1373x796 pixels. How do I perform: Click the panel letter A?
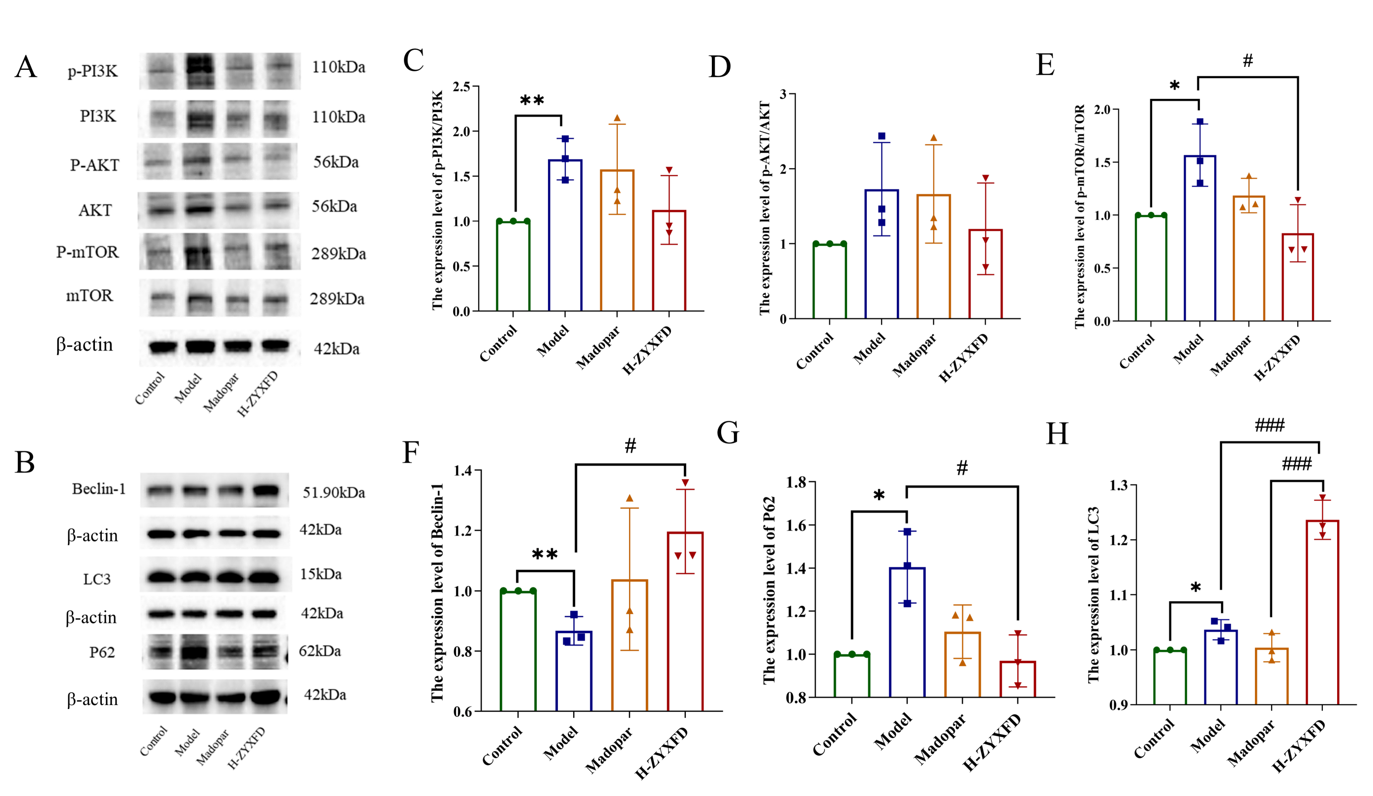[x=26, y=67]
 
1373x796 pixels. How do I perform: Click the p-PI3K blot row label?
[x=92, y=71]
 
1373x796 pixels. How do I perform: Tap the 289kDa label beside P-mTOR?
[x=338, y=253]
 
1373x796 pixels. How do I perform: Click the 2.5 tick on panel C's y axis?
[x=462, y=87]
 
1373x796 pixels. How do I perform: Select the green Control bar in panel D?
[x=829, y=281]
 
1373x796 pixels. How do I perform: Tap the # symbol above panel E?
[x=1248, y=61]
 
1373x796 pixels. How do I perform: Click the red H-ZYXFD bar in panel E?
[x=1297, y=277]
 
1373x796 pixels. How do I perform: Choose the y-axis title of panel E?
[x=1079, y=217]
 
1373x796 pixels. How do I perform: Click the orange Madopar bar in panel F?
[x=629, y=645]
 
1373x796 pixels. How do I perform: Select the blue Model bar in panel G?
[x=907, y=632]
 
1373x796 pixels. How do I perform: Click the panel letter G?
[x=728, y=433]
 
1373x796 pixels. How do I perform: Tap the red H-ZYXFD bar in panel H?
[x=1322, y=612]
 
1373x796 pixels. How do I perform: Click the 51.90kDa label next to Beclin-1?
[x=334, y=492]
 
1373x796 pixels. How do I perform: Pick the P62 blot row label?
[x=102, y=652]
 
